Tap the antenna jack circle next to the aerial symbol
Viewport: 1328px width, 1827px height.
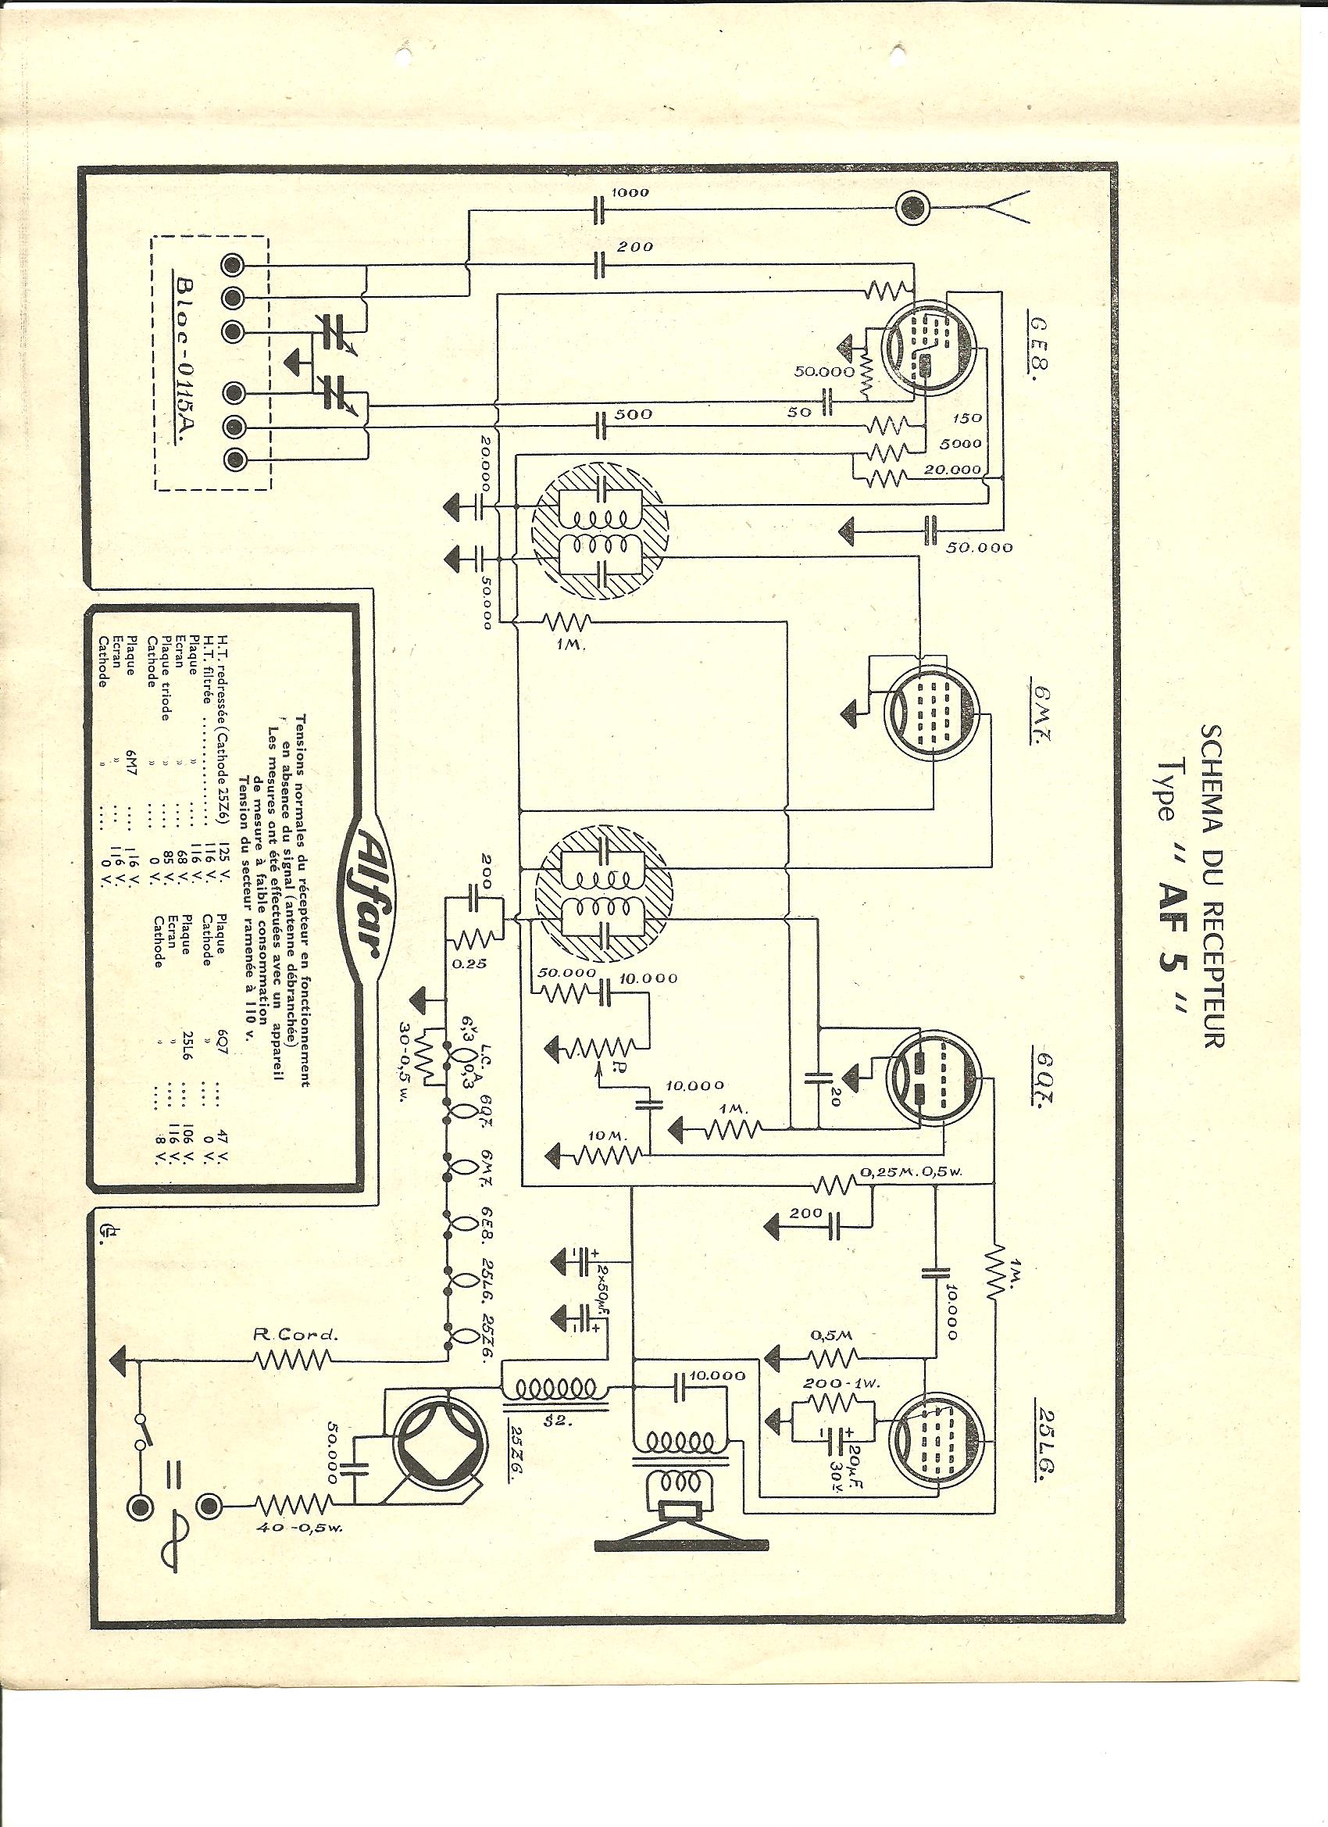915,209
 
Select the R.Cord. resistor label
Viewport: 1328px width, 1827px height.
293,1334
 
